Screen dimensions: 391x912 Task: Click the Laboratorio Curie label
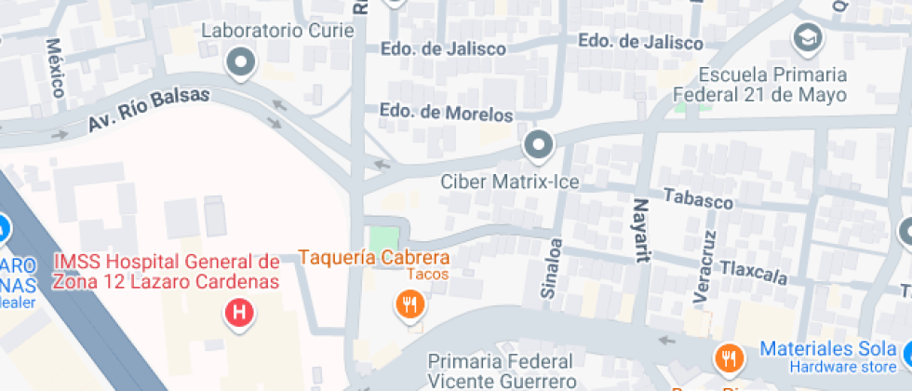pos(278,31)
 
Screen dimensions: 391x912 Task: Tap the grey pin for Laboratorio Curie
pos(242,63)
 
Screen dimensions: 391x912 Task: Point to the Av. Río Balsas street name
pos(151,109)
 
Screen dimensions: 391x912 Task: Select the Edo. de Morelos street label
pos(447,114)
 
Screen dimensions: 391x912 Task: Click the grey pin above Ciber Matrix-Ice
pos(538,145)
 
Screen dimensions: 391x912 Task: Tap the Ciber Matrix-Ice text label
pos(509,182)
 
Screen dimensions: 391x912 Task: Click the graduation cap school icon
pos(806,38)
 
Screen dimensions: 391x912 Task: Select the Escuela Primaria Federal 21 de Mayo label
pos(773,85)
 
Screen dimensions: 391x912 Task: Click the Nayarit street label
pos(641,230)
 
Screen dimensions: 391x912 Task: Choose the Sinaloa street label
pos(553,268)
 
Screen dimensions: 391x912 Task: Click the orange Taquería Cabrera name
pos(373,258)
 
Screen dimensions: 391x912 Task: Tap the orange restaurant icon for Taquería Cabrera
pos(409,303)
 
